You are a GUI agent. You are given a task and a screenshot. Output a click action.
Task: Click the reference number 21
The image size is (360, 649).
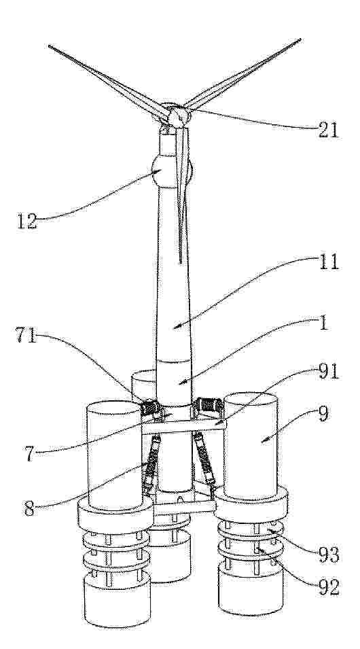329,130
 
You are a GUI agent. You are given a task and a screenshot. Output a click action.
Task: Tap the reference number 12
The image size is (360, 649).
27,222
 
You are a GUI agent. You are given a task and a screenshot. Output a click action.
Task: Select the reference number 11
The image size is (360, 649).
329,262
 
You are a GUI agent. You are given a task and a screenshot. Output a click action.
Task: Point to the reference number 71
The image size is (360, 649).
26,335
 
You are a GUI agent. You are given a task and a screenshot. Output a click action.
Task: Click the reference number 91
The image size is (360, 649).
329,372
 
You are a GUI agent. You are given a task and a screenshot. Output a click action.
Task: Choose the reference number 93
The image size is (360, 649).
329,555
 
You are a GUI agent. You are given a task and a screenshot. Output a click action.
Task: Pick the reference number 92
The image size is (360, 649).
329,587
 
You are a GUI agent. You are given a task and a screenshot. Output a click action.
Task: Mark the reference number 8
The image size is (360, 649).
29,509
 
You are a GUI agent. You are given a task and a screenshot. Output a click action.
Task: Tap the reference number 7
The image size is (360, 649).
30,453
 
